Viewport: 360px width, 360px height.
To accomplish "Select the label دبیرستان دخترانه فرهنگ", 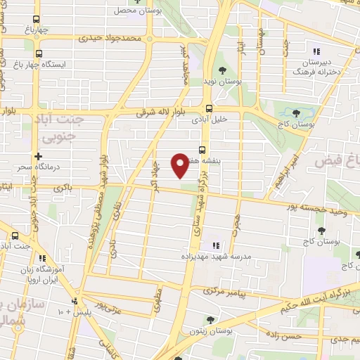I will (316, 67).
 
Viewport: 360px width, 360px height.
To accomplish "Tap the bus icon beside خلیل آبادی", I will (207, 109).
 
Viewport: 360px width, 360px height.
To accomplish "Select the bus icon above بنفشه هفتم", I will (202, 149).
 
